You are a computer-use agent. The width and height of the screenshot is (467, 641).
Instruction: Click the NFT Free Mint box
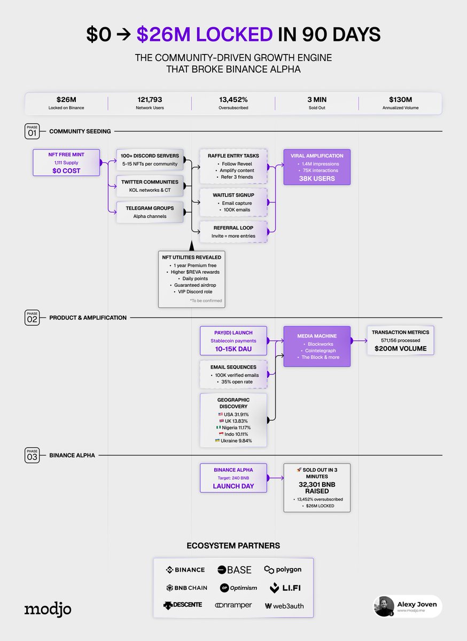point(66,162)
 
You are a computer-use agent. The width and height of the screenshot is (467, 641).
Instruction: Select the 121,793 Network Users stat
point(150,103)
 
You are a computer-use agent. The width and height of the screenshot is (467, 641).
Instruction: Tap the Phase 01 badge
point(32,131)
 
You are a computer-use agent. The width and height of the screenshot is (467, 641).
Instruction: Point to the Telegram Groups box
point(149,212)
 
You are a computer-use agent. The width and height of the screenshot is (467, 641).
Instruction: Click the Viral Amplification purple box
point(317,167)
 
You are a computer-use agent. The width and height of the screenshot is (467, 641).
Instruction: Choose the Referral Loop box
point(233,231)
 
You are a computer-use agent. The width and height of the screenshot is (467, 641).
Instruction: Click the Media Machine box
point(317,346)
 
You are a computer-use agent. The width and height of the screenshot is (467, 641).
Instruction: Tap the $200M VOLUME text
point(400,349)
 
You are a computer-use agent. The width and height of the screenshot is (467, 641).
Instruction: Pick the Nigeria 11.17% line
point(233,427)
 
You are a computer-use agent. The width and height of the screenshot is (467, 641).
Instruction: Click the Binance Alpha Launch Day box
point(233,478)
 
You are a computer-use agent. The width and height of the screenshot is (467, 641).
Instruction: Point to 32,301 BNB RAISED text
point(317,488)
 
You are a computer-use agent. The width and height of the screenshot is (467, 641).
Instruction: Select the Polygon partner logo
point(283,570)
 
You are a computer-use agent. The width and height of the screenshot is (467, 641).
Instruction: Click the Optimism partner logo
point(238,588)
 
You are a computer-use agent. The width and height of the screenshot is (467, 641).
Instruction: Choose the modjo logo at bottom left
point(48,609)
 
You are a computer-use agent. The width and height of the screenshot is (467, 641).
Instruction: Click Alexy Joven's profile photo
point(384,606)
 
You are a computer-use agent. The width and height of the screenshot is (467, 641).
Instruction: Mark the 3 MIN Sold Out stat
point(316,103)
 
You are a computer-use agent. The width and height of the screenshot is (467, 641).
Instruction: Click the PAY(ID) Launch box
point(233,340)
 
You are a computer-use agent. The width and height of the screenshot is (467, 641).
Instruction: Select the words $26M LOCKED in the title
point(205,34)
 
